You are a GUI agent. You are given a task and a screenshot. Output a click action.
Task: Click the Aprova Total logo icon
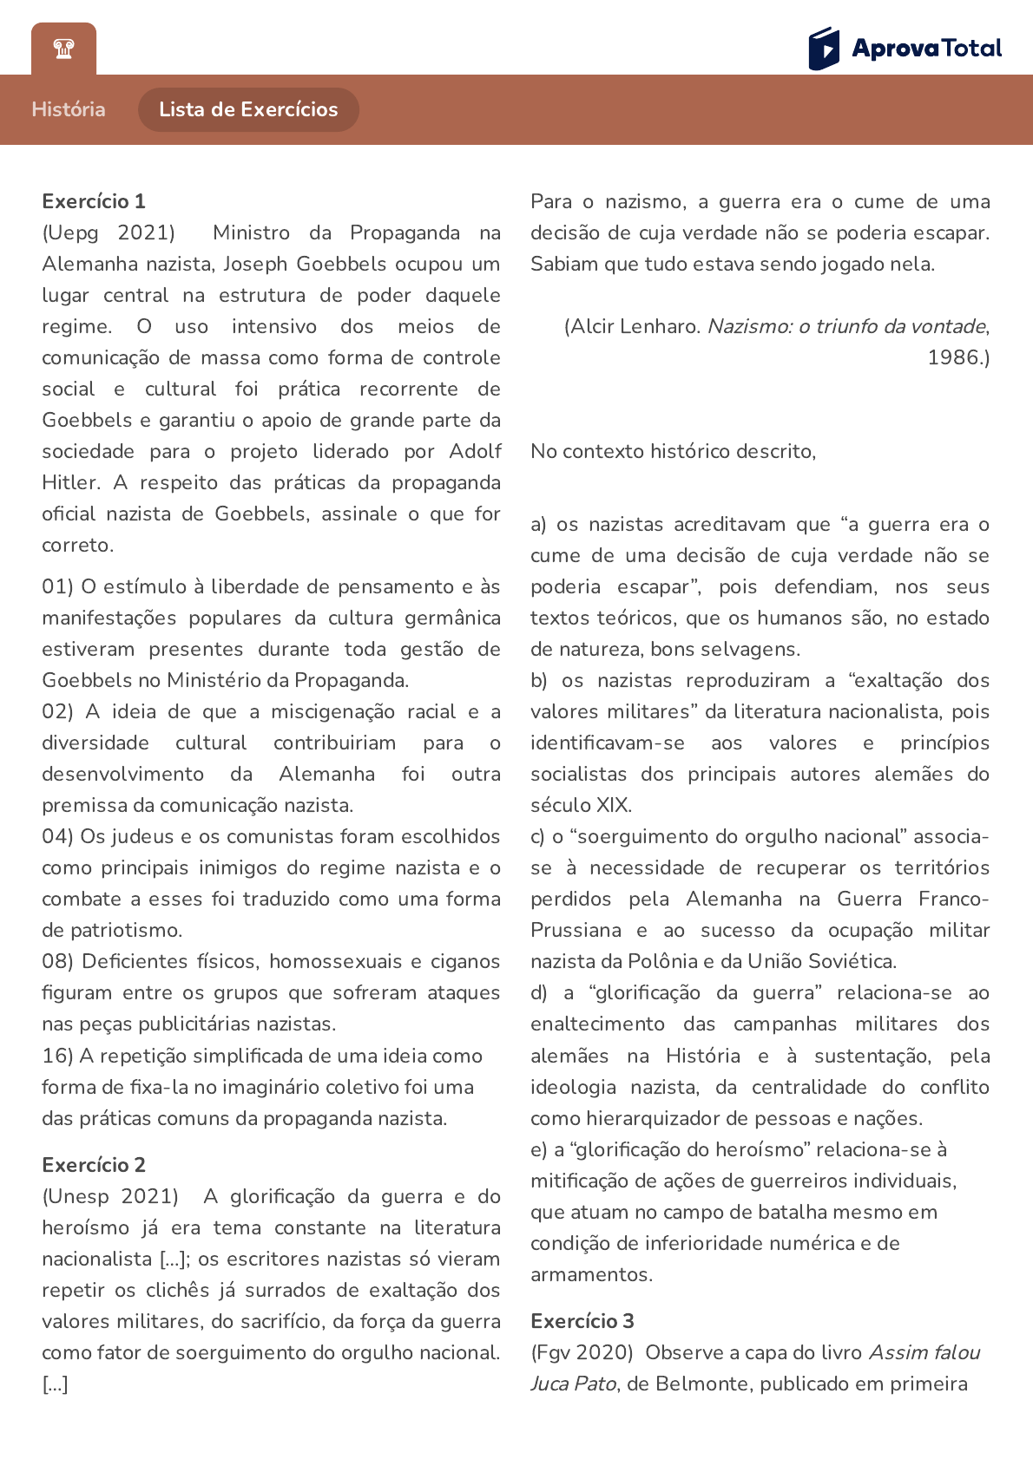point(824,48)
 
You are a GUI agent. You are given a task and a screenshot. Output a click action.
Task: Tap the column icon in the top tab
point(63,49)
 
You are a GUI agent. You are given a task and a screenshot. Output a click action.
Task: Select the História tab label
point(69,109)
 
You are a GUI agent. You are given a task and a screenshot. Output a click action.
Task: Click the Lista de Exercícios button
point(248,109)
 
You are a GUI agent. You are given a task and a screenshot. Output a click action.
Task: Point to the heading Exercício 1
point(94,201)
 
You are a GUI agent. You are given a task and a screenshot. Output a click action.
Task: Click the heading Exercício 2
point(94,1164)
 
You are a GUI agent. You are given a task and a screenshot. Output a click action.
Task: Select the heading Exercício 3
point(582,1320)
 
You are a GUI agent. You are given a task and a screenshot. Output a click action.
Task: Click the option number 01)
point(57,586)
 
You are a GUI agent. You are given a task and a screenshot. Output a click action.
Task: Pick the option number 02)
point(57,711)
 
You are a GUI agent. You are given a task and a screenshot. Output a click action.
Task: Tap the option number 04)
point(57,836)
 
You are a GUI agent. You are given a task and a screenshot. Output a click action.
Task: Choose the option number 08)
point(57,961)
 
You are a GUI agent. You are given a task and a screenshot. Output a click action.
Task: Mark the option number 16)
point(57,1056)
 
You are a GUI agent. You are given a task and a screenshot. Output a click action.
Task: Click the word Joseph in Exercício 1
point(255,264)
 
